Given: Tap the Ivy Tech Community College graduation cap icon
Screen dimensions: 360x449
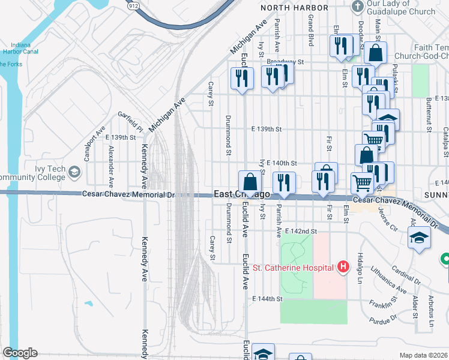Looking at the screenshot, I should [74, 172].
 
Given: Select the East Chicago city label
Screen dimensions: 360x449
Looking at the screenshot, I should [242, 194].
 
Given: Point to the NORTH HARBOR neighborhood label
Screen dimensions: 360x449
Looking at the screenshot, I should [295, 7].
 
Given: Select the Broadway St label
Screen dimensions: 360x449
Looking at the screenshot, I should [286, 61].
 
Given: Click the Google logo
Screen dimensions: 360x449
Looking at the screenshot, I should [19, 353].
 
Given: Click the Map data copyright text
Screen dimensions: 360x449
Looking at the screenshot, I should [423, 355].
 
